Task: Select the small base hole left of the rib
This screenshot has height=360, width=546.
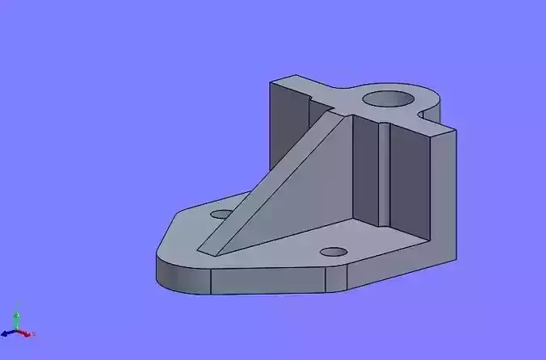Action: [x=220, y=215]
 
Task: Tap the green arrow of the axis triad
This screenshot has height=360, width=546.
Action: [x=17, y=316]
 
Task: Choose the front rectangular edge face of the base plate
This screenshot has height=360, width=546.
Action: [x=267, y=279]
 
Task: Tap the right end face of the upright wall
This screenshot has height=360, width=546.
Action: [x=442, y=194]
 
